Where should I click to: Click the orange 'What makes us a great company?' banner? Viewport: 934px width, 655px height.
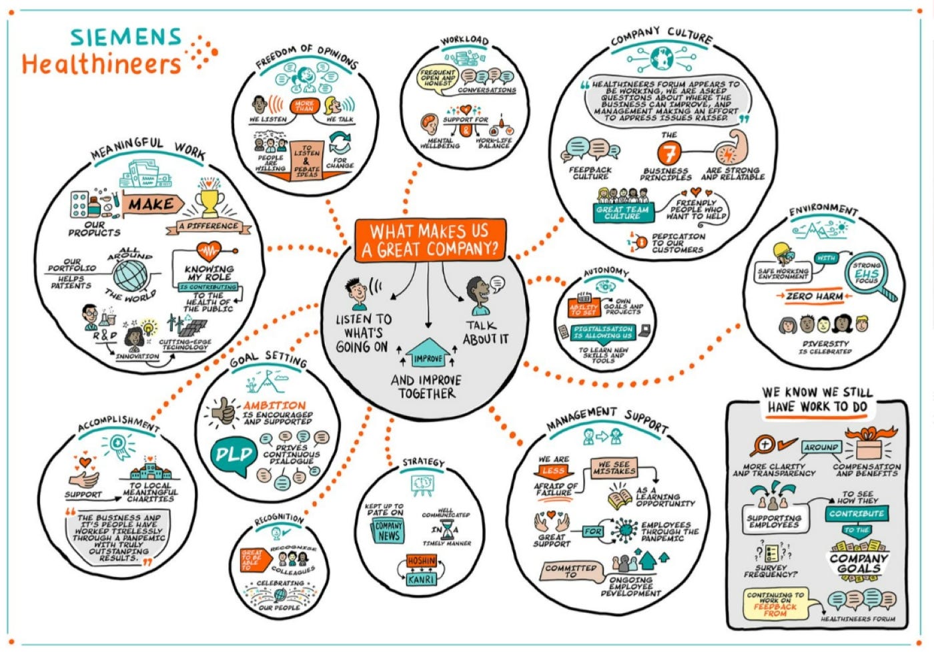[430, 240]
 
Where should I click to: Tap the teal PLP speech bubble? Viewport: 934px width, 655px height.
[234, 456]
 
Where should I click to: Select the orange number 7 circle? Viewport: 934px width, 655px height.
[668, 154]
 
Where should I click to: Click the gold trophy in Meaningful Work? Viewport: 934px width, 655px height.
[209, 200]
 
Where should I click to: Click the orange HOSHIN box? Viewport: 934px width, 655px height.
[422, 562]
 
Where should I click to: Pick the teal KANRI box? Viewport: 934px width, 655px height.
[422, 579]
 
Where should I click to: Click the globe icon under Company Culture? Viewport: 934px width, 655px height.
[661, 59]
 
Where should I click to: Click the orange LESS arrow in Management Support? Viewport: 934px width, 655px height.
[553, 471]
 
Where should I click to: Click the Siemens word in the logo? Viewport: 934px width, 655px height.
[125, 37]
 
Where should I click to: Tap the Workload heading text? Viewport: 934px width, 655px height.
[464, 41]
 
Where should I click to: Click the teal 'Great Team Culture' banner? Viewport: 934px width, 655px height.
[622, 212]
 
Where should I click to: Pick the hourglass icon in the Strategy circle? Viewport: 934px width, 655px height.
[446, 530]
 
